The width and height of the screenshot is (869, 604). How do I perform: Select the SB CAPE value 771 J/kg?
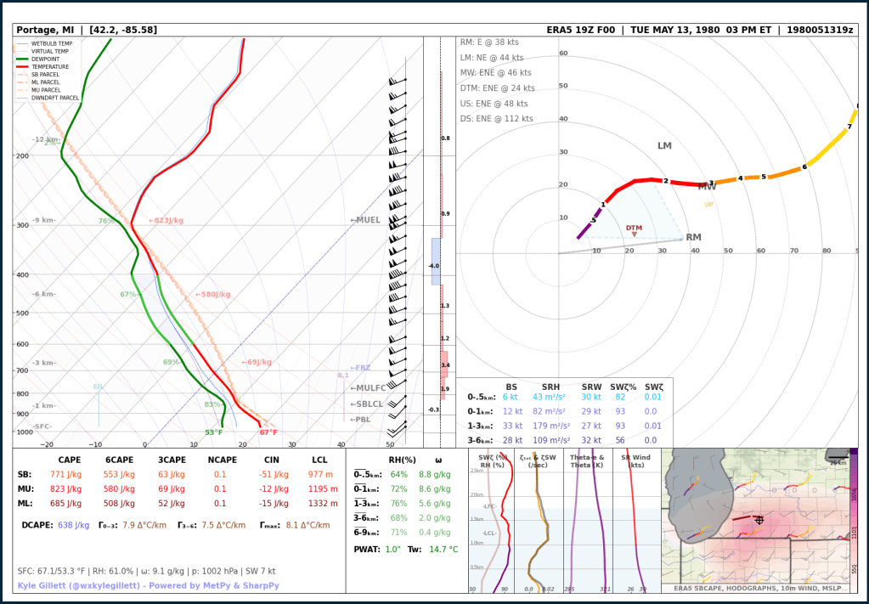tap(70, 474)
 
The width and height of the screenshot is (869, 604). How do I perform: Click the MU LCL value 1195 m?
tap(323, 489)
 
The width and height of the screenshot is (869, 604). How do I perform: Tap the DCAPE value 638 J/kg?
tap(73, 525)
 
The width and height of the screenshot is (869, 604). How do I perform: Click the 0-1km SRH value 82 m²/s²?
tap(556, 411)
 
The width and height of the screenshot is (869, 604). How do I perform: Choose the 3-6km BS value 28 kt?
tap(511, 440)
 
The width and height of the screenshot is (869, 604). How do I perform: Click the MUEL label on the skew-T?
tap(366, 220)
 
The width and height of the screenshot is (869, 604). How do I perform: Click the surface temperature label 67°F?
tap(268, 432)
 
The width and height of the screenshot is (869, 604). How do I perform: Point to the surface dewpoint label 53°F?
tap(213, 432)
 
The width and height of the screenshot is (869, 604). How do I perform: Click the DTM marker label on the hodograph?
tap(634, 228)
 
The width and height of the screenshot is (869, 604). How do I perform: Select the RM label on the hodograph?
tap(693, 238)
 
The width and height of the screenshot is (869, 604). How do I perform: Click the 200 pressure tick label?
tap(22, 156)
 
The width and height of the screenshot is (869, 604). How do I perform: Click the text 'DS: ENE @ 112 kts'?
tap(497, 118)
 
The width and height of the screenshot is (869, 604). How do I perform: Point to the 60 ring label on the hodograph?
tap(562, 54)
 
